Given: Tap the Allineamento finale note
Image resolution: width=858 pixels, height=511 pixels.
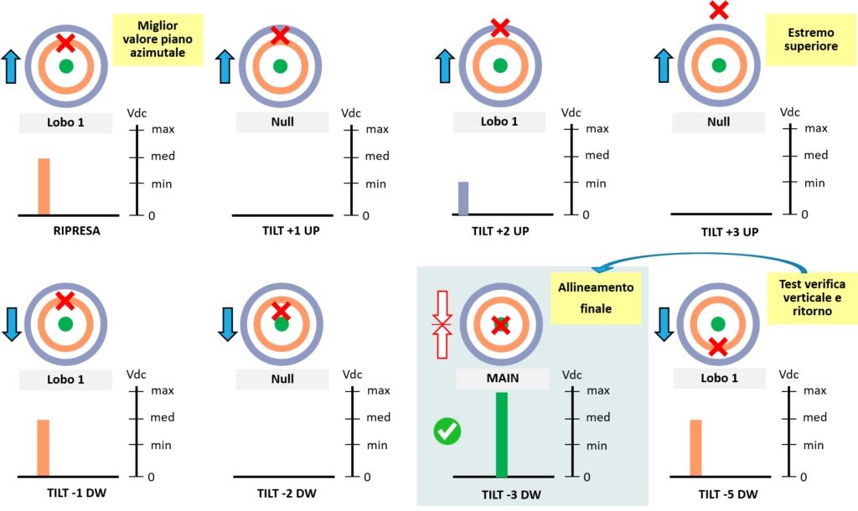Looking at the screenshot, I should coord(596,297).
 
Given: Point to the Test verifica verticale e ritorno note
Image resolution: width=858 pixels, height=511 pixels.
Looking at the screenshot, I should coord(811,297).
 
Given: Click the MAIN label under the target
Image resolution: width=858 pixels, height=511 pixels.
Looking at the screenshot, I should coord(503,378).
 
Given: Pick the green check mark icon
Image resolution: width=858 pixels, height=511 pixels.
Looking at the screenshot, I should coord(447,431).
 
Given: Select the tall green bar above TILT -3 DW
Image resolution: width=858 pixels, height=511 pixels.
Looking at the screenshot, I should coord(502,434).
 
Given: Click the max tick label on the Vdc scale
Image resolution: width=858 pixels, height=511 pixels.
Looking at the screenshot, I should coord(598,390).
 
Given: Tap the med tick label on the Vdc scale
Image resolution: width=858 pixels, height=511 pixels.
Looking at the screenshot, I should coord(598,417).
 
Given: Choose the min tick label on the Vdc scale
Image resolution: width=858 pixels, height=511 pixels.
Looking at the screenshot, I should coord(597,445).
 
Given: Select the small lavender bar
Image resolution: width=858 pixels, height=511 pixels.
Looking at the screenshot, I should coord(463,198).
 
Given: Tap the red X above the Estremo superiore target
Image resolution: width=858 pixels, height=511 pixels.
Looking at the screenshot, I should coord(718,11).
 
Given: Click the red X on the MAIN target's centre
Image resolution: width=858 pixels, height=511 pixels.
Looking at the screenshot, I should coord(500,325).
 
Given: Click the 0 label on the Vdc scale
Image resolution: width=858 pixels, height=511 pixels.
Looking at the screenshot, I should coord(587,477).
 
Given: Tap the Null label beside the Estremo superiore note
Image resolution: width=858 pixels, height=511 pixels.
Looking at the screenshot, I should coord(718,122).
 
